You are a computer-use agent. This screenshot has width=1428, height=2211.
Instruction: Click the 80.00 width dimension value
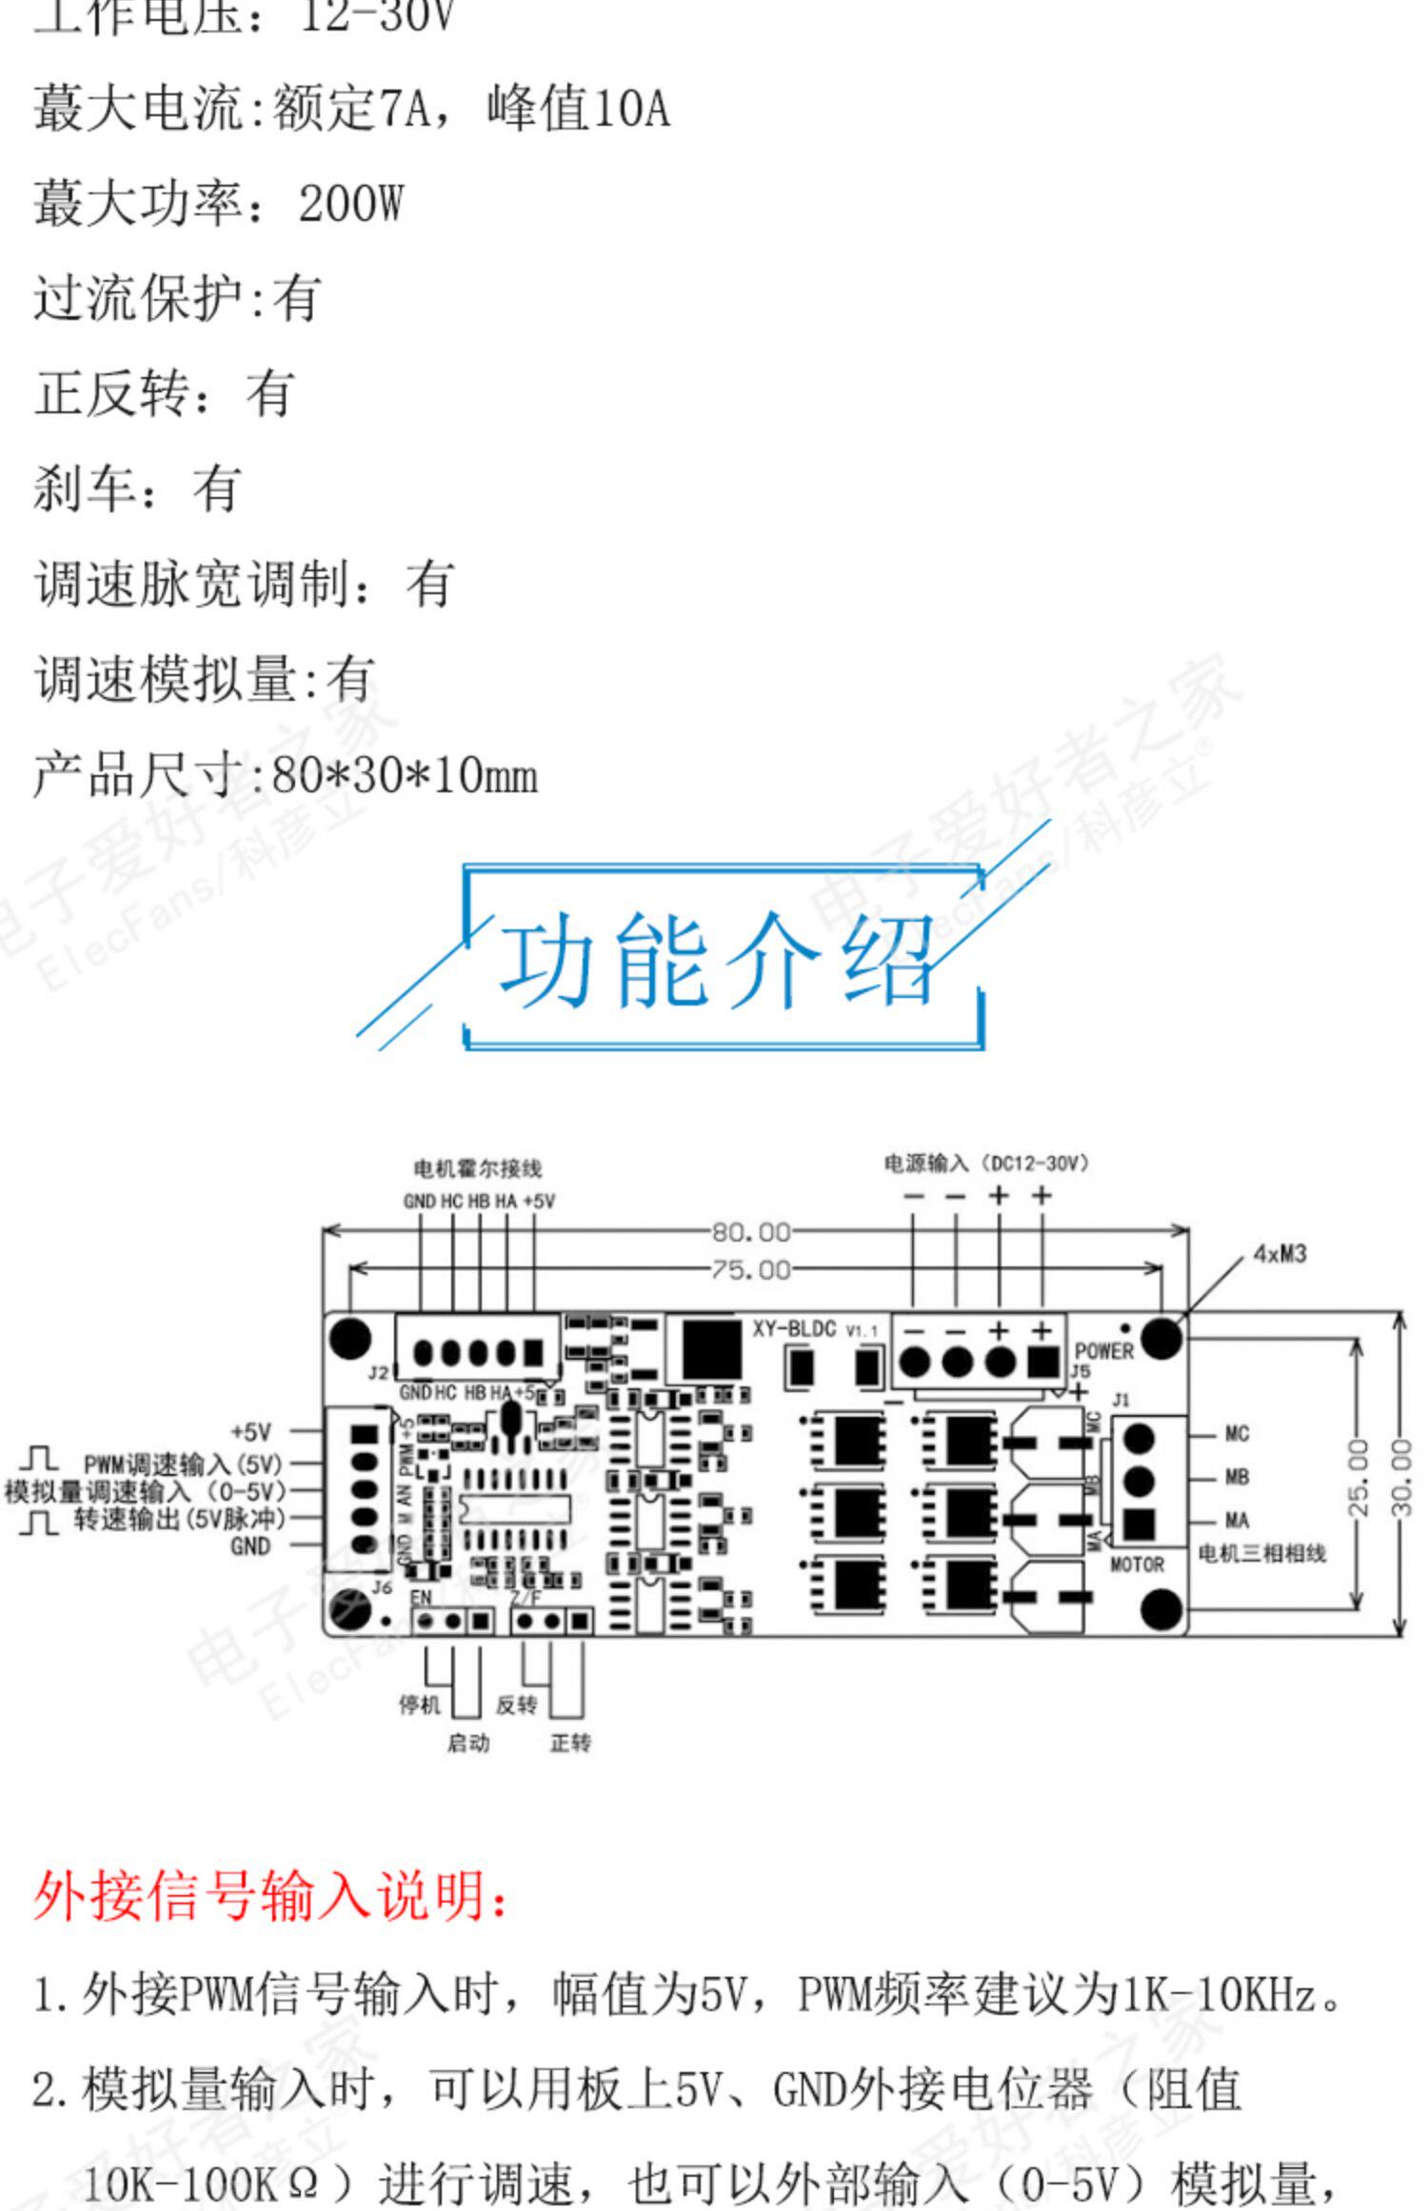751,1232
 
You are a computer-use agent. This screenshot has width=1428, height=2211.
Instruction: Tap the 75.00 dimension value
751,1269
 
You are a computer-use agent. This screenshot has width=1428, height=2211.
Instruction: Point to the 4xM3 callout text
1279,1254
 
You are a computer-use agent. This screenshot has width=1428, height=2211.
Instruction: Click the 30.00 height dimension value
1401,1477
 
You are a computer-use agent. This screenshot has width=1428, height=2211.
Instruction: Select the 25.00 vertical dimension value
1359,1477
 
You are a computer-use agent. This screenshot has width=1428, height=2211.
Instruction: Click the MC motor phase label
1237,1434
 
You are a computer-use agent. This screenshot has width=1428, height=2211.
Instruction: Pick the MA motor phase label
1237,1521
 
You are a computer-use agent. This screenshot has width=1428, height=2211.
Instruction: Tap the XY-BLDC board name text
794,1329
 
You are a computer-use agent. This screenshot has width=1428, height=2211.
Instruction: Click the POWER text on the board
1104,1351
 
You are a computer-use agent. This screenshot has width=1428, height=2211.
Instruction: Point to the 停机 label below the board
419,1704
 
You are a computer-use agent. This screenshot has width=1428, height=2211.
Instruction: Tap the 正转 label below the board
570,1743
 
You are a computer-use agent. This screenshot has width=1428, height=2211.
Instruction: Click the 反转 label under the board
517,1704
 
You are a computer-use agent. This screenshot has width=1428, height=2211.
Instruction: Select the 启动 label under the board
468,1743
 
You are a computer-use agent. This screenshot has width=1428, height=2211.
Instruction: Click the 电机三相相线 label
1261,1554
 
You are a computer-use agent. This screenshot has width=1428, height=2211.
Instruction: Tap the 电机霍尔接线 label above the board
478,1168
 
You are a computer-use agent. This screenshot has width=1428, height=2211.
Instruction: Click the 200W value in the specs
350,204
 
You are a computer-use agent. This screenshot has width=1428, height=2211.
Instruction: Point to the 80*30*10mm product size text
405,776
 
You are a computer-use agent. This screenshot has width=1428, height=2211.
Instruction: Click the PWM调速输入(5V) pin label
183,1464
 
